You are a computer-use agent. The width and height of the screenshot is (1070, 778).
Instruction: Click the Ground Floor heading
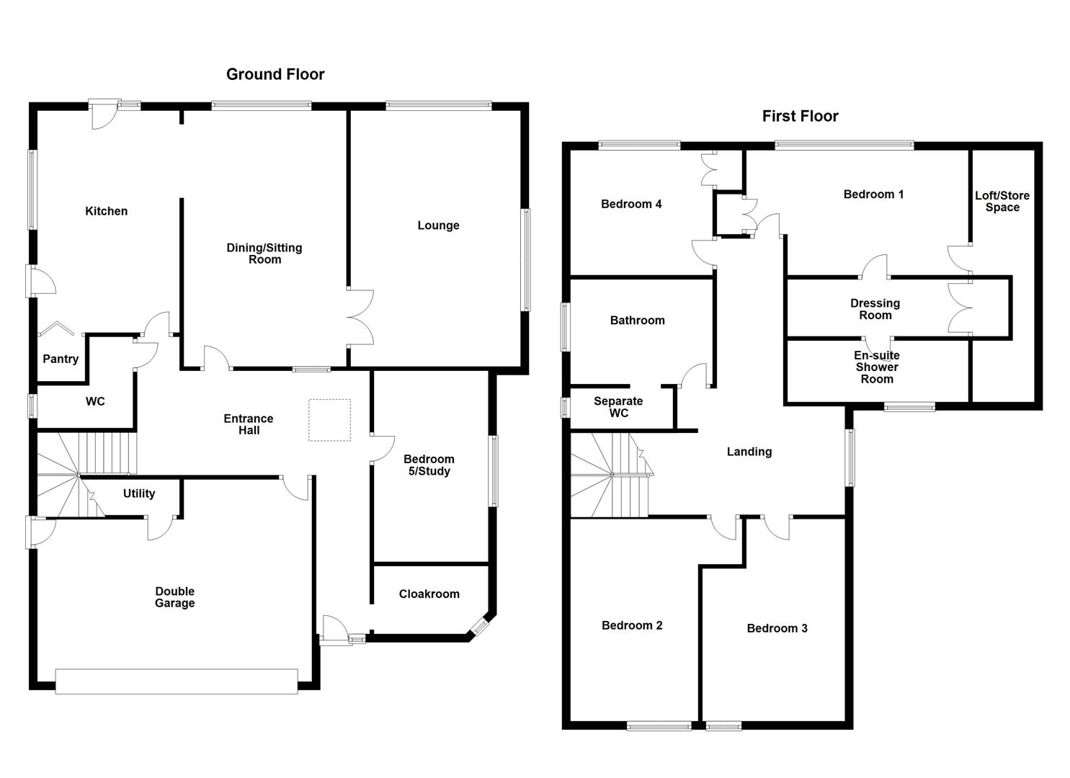[x=275, y=74]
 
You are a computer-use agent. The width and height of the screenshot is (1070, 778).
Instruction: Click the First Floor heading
[x=800, y=116]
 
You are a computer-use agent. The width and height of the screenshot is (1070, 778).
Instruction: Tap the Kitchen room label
[x=106, y=211]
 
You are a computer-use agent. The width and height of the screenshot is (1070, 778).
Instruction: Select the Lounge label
[x=438, y=225]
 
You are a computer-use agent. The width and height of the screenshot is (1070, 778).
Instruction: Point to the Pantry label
[x=61, y=359]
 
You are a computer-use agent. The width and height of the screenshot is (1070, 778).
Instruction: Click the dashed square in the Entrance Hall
[x=330, y=420]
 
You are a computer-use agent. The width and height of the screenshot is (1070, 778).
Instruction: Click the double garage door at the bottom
[x=177, y=681]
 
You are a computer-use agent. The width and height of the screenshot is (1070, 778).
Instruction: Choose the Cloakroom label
[x=429, y=594]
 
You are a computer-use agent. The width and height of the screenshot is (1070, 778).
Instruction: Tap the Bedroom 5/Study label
[x=428, y=465]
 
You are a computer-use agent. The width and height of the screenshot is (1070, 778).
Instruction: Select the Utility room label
[x=138, y=493]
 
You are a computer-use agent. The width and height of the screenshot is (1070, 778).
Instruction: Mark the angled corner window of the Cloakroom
[x=480, y=627]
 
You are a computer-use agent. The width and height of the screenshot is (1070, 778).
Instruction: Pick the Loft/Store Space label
[x=1002, y=202]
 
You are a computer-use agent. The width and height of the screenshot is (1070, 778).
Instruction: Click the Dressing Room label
[x=875, y=309]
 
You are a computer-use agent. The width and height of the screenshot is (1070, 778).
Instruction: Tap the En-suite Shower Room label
[x=876, y=367]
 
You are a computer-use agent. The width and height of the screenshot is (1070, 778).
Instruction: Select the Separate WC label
[x=618, y=407]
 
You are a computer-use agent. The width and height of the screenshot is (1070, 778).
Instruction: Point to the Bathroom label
[x=637, y=321]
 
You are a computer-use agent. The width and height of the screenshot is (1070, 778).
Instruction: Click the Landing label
[x=749, y=452]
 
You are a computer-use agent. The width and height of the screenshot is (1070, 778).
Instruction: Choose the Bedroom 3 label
[x=777, y=628]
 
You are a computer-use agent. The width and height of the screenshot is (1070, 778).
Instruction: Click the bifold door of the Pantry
[x=56, y=330]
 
